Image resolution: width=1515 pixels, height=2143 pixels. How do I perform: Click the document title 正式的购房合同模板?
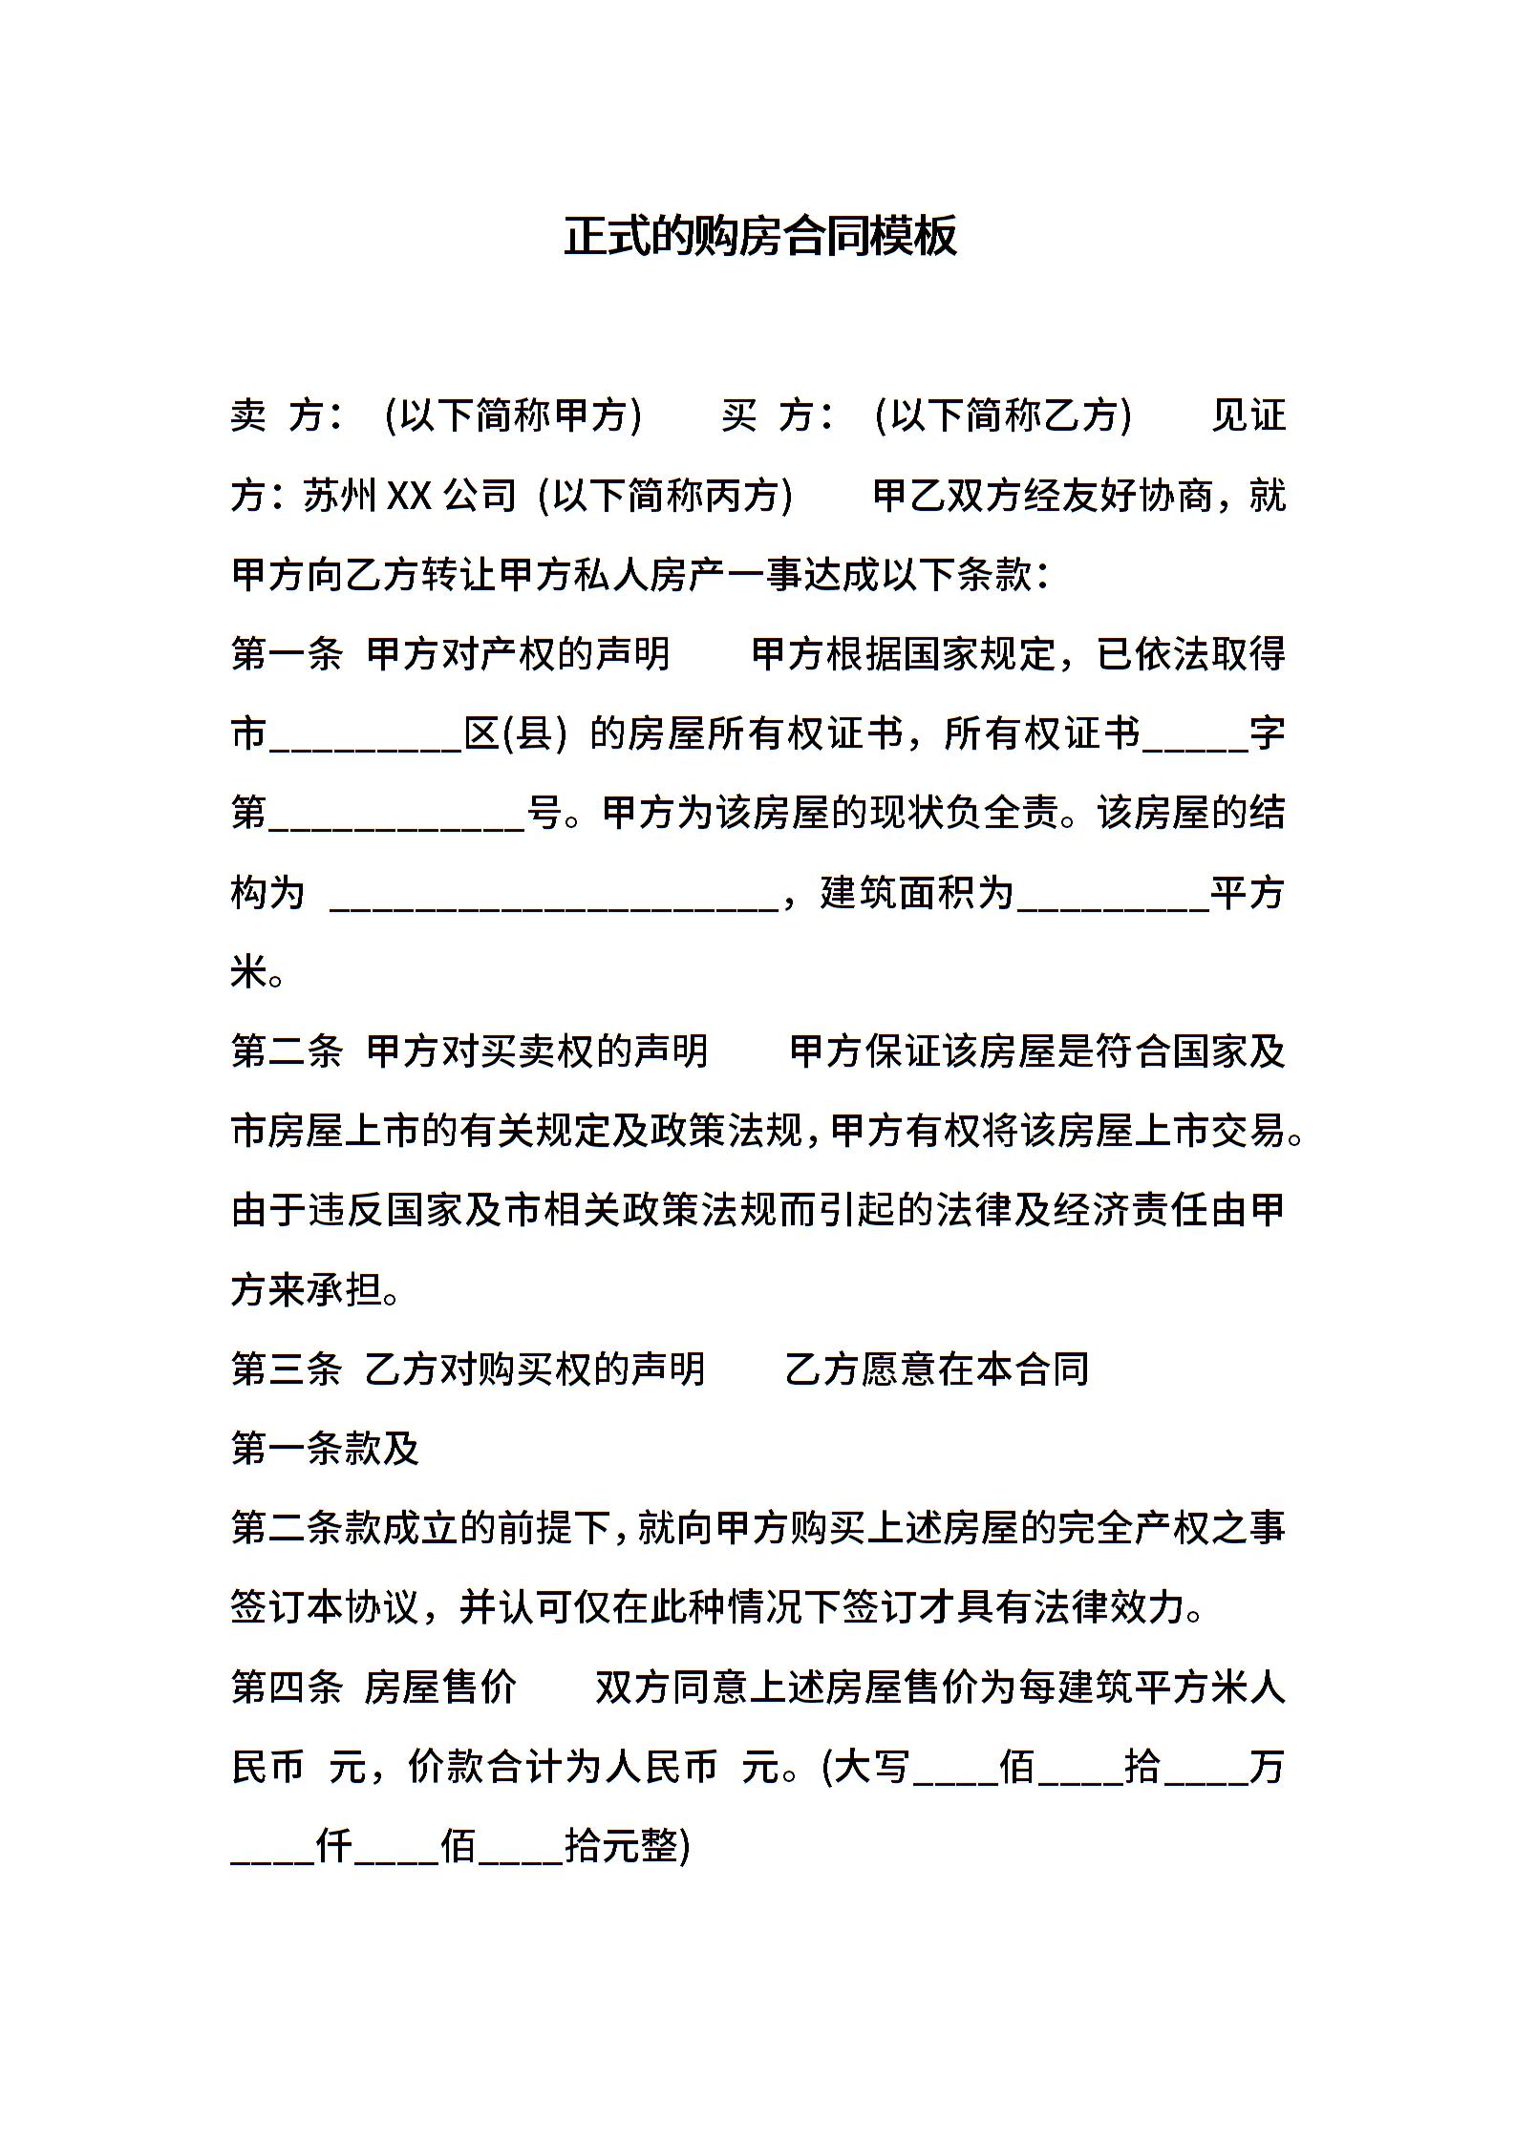point(759,237)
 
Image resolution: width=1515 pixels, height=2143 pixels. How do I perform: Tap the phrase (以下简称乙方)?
point(1003,416)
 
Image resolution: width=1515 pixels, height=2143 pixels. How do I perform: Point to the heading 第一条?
point(287,655)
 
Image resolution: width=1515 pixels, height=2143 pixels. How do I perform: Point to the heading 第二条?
point(287,1052)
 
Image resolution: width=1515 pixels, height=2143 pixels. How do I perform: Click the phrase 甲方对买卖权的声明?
point(538,1052)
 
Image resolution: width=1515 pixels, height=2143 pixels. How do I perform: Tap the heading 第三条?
point(287,1370)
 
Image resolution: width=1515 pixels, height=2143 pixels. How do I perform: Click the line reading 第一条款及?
point(326,1450)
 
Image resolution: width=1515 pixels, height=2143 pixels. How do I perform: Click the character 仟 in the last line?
point(334,1847)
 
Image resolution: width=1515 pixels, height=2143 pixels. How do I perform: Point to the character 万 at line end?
point(1267,1768)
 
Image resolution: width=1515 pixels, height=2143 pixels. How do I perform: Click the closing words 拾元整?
point(621,1847)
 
